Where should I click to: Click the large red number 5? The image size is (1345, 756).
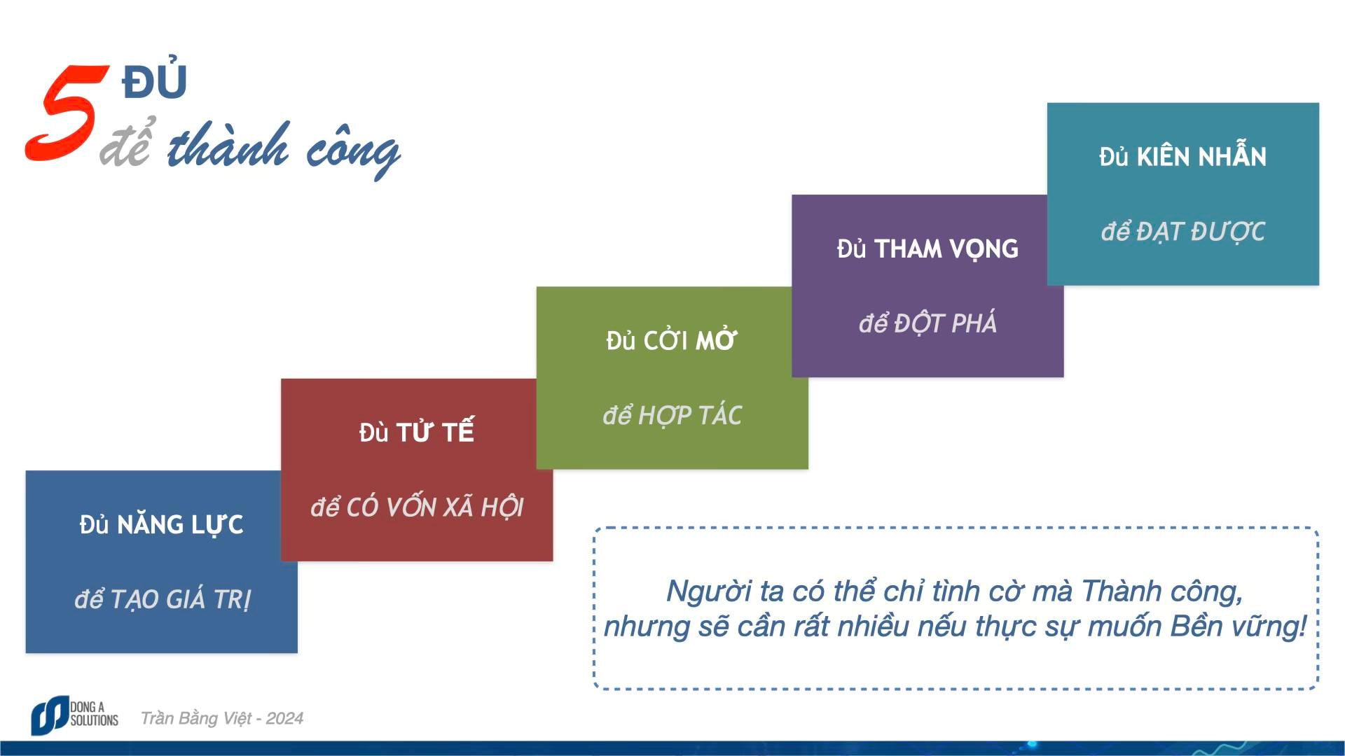pos(67,113)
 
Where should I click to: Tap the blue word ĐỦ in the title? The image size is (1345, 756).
pos(154,78)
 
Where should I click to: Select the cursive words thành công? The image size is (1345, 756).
pos(284,148)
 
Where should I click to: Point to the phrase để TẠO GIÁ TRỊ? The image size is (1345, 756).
pos(162,598)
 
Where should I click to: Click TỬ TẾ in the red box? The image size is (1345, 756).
pos(435,430)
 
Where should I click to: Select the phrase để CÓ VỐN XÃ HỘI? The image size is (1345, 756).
pos(417,506)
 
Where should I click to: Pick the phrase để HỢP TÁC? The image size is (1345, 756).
pos(672,414)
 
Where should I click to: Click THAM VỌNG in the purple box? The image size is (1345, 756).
pos(946,248)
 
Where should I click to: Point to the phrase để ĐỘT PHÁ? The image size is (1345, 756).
pos(927,323)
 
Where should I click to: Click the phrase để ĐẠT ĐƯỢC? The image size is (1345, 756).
pos(1182,231)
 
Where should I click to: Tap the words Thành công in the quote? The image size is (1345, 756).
pos(1162,591)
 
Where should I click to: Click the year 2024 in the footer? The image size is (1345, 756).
pos(284,718)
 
